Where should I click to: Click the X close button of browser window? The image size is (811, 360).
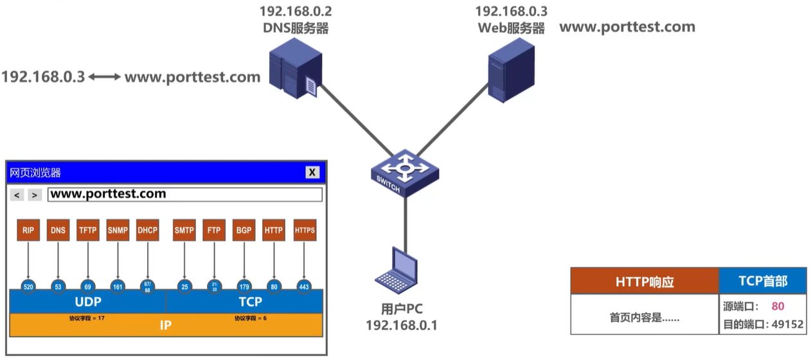coord(312,172)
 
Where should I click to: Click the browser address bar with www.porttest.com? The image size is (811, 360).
coord(184,194)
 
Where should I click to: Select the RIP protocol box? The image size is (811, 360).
coord(28,230)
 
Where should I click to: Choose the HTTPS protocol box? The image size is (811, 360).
coord(305,230)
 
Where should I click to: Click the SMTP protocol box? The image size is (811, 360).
coord(184,230)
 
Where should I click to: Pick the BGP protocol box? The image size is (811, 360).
coord(244,230)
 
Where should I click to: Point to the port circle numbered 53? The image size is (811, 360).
coord(58,287)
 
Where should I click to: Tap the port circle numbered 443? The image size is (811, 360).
coord(305,287)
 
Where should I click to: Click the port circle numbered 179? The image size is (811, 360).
coord(244,287)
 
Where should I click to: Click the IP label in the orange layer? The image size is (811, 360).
coord(166,325)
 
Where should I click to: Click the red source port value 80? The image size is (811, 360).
coord(778,307)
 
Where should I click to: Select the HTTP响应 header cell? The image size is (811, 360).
coord(644,282)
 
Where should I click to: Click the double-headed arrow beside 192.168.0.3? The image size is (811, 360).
coord(104,77)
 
